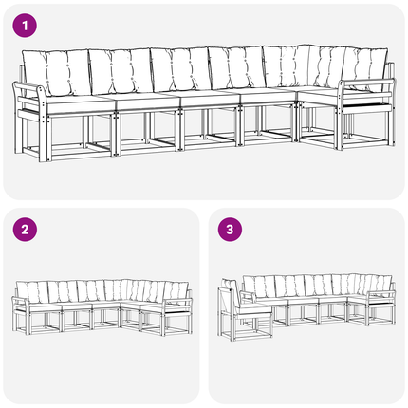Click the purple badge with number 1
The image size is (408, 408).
click(25, 26)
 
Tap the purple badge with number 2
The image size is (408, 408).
click(25, 230)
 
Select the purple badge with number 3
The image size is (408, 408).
click(230, 230)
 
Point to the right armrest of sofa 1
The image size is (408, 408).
click(366, 83)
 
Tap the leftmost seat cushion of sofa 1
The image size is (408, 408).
click(78, 103)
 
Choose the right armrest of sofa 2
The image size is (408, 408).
click(177, 300)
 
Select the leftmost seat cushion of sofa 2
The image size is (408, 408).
click(46, 306)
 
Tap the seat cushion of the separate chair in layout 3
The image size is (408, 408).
click(253, 308)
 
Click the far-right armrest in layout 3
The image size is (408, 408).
click(381, 293)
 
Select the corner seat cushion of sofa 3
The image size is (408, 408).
click(359, 298)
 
